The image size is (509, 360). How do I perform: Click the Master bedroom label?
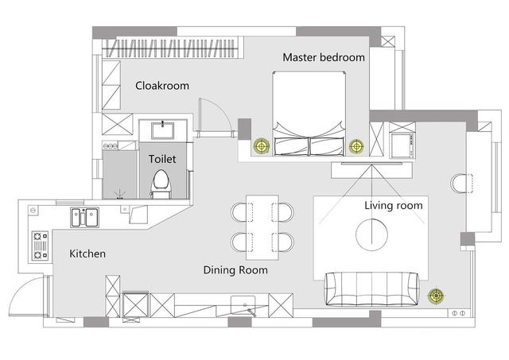tap(324, 57)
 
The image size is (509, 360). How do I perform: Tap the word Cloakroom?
tap(162, 86)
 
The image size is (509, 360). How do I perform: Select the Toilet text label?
tap(162, 159)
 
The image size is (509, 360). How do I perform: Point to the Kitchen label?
tap(87, 254)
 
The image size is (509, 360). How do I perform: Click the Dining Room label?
tap(235, 270)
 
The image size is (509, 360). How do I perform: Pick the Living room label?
tap(394, 205)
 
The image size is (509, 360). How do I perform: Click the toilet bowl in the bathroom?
tap(161, 184)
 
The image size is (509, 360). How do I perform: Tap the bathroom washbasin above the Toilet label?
tap(162, 130)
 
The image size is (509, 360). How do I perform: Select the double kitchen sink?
tap(85, 217)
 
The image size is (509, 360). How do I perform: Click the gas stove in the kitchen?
tap(41, 246)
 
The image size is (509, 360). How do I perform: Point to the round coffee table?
tap(371, 234)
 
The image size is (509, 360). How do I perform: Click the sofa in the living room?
tap(372, 289)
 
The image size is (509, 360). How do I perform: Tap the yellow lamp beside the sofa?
tap(436, 296)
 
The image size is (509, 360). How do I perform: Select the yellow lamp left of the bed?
tap(262, 146)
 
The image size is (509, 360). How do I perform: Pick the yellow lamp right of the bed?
tap(356, 146)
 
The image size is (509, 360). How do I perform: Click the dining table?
tap(262, 227)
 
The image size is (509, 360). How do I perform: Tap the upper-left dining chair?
tap(242, 212)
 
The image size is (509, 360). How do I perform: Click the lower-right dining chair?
tap(283, 242)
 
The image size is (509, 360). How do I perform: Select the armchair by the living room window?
tap(461, 184)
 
